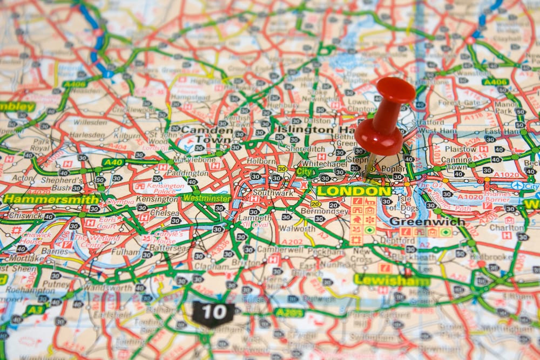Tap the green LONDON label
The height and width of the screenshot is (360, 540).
[x=354, y=191]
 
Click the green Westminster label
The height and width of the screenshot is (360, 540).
[x=206, y=198]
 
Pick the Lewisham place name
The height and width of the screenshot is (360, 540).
[x=391, y=281]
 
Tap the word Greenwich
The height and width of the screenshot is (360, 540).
[x=427, y=221]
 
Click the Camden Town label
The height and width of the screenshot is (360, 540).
[x=207, y=134]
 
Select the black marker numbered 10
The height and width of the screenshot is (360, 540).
[x=214, y=312]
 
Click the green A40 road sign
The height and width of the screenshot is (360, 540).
[x=113, y=162]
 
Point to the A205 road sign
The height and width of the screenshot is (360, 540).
[x=289, y=313]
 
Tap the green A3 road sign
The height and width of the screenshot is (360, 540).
[x=35, y=309]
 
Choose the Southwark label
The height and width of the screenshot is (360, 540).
[x=273, y=193]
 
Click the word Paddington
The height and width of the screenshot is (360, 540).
[x=187, y=173]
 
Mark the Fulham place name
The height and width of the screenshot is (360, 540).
[x=125, y=252]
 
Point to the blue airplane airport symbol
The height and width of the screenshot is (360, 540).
[x=517, y=186]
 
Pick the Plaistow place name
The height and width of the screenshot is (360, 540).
[x=461, y=149]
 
